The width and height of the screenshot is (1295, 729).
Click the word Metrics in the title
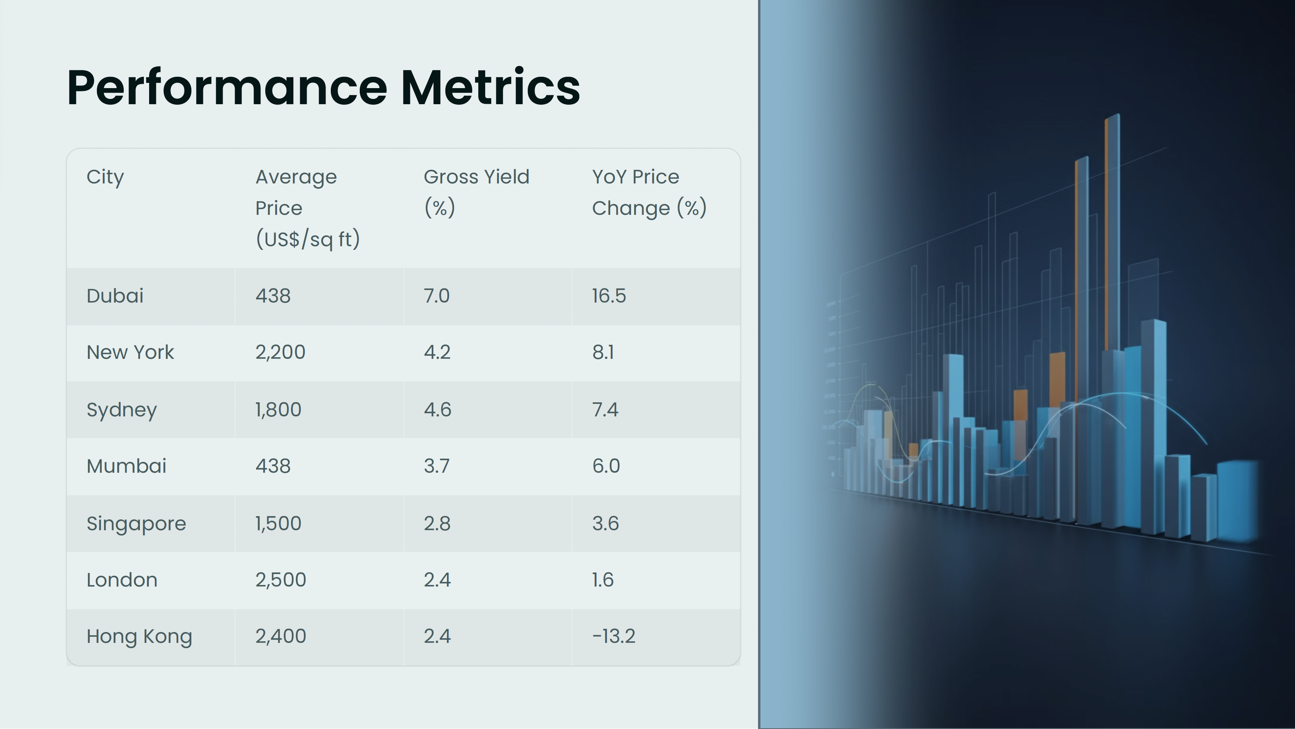pyautogui.click(x=490, y=88)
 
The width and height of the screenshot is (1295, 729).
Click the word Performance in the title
pyautogui.click(x=227, y=88)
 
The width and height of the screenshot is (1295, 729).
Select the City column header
pyautogui.click(x=105, y=177)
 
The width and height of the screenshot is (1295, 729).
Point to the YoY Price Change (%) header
pyautogui.click(x=649, y=192)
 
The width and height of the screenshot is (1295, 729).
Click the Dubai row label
pyautogui.click(x=115, y=296)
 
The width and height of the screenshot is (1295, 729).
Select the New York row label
pyautogui.click(x=130, y=352)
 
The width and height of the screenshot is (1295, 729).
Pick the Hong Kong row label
pyautogui.click(x=139, y=636)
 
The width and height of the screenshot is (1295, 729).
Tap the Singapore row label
pyautogui.click(x=136, y=524)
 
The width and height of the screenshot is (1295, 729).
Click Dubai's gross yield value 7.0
pyautogui.click(x=437, y=296)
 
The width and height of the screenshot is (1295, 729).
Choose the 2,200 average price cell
pyautogui.click(x=281, y=352)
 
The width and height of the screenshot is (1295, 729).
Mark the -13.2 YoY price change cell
pyautogui.click(x=614, y=636)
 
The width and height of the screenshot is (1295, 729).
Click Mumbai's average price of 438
pyautogui.click(x=273, y=466)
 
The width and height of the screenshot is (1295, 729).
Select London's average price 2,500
pyautogui.click(x=281, y=580)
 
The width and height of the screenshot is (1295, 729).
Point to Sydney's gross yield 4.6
pyautogui.click(x=437, y=410)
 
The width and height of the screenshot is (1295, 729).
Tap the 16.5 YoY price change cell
pyautogui.click(x=609, y=296)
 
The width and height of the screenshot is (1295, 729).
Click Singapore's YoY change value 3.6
pyautogui.click(x=606, y=524)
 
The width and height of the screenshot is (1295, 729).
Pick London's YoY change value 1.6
pyautogui.click(x=603, y=580)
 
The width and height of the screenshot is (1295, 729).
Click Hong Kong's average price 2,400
pyautogui.click(x=281, y=636)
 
